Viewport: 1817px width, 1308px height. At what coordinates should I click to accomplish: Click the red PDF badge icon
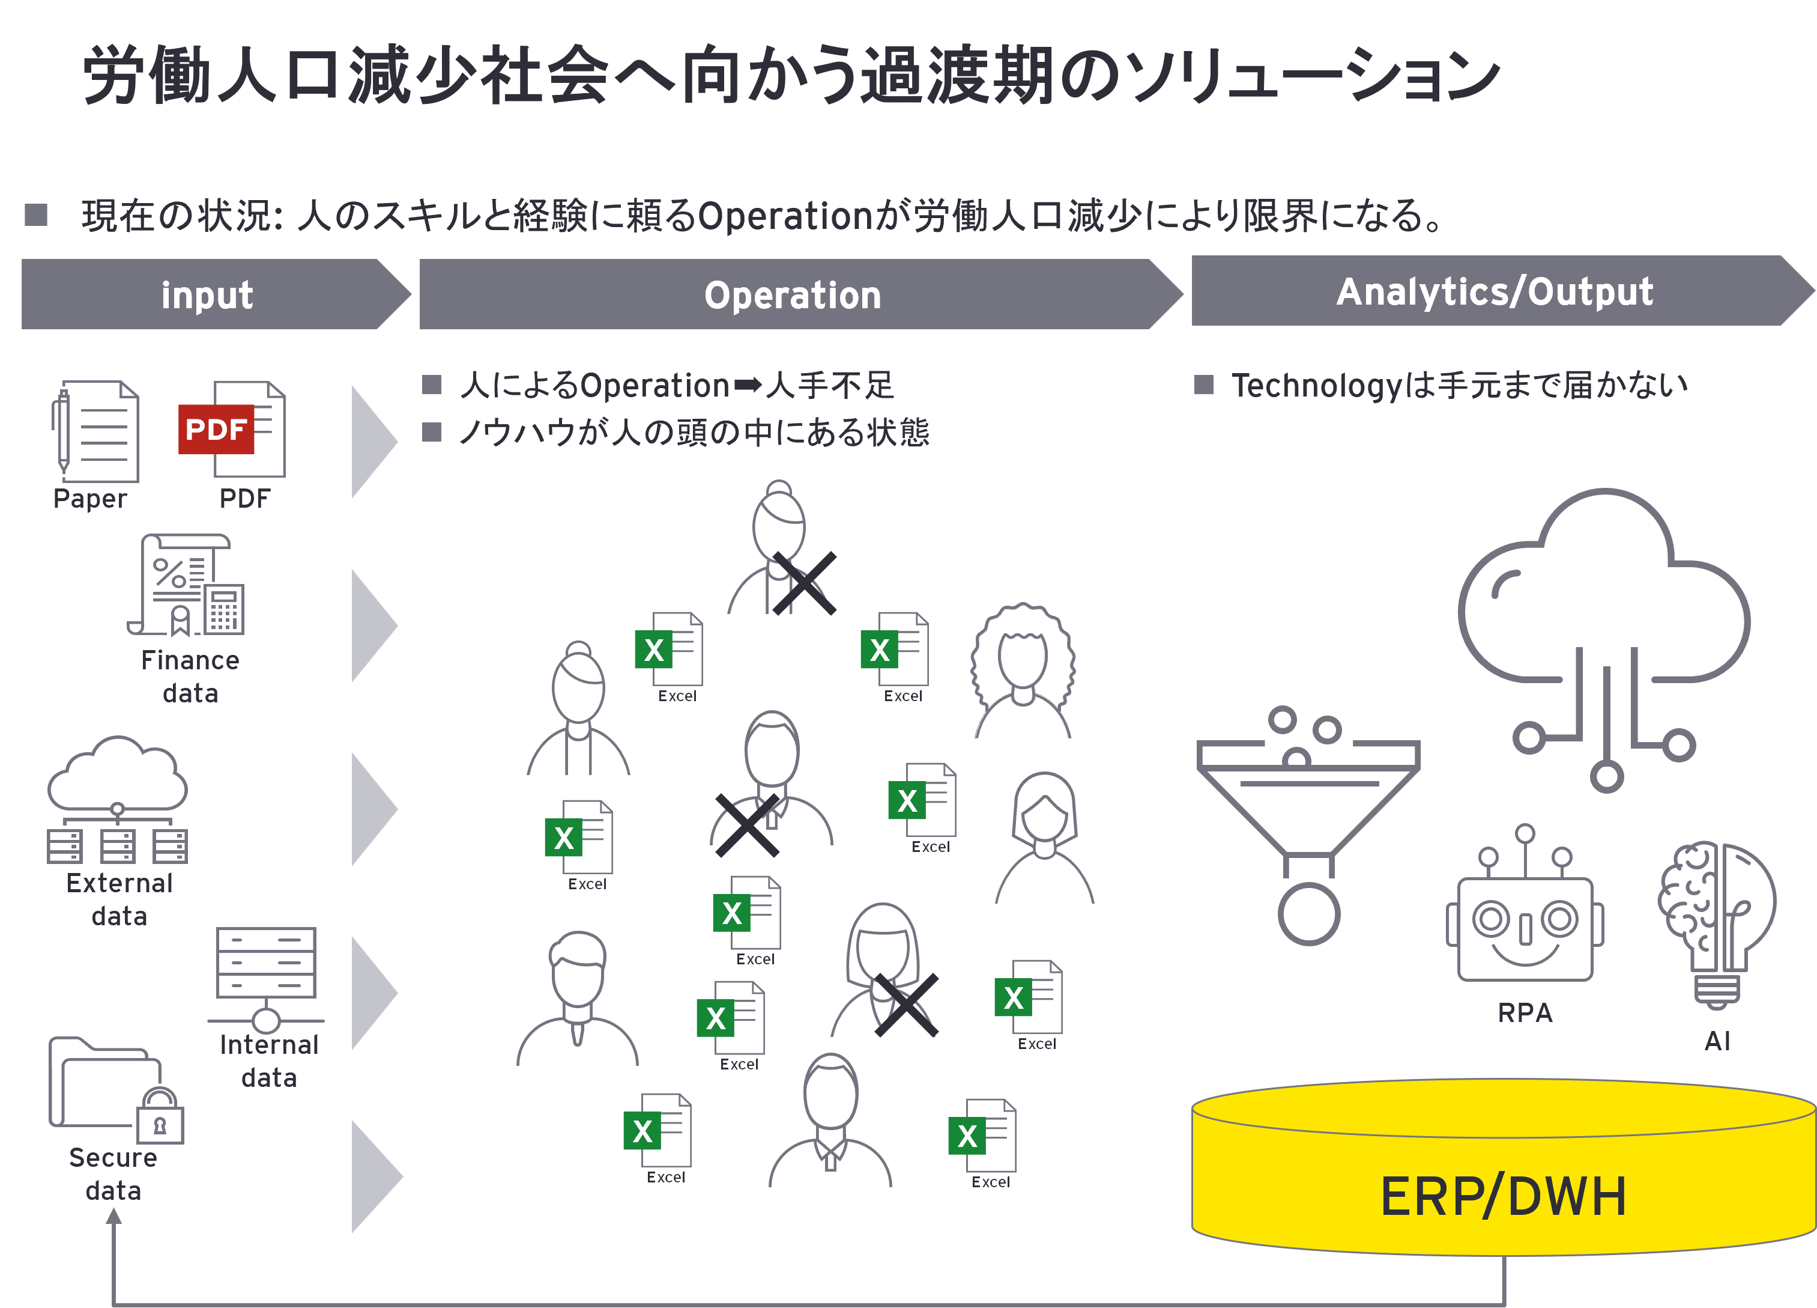[216, 430]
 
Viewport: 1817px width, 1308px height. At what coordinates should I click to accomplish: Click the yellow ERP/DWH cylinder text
[1503, 1197]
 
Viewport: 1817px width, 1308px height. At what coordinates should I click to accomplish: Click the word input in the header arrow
[207, 295]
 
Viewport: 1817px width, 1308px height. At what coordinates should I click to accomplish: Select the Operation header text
[793, 295]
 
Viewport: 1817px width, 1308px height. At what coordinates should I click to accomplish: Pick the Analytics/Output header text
[1494, 292]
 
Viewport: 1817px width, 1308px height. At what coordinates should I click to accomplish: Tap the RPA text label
[1525, 1013]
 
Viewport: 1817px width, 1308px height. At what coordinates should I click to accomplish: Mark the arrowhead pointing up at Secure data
[113, 1217]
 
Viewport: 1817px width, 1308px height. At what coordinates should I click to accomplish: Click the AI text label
[1717, 1041]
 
